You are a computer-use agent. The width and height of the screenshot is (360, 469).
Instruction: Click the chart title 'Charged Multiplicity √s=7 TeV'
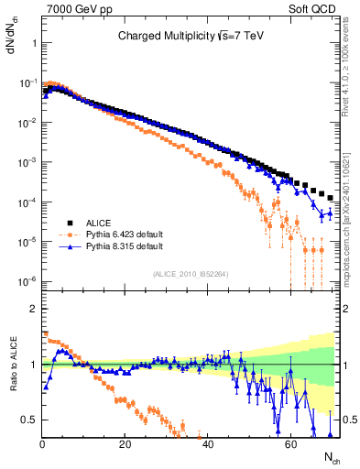click(191, 37)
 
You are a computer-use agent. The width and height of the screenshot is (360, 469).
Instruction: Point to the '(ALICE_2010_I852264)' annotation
click(191, 274)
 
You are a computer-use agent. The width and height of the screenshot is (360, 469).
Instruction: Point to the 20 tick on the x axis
click(125, 442)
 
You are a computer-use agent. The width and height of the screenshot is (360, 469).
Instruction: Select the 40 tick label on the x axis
click(207, 442)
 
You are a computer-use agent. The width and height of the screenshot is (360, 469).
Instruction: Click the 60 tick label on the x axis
click(289, 442)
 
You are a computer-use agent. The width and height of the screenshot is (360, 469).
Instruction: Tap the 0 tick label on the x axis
click(42, 442)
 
